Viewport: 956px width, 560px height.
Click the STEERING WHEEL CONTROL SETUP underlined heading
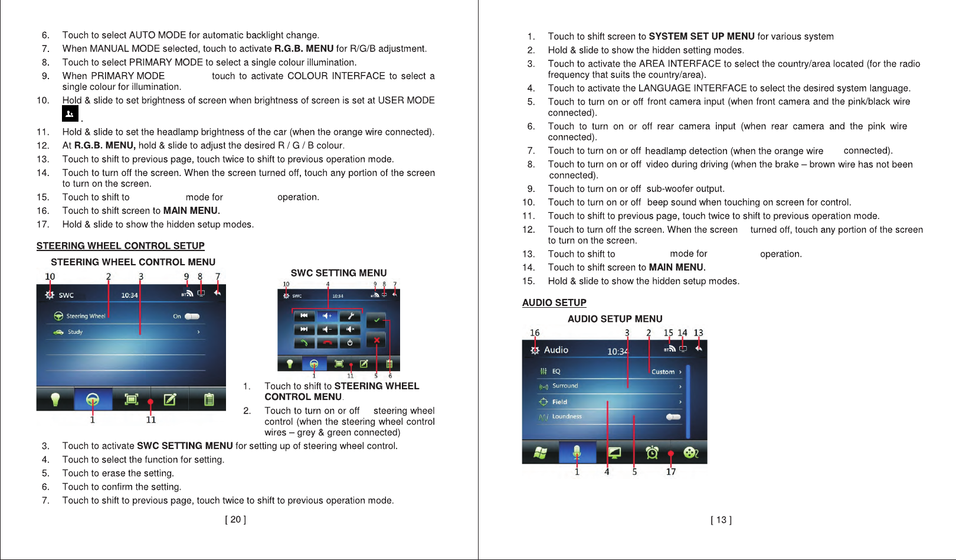tap(120, 246)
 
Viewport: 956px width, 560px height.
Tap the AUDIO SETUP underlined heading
tap(554, 302)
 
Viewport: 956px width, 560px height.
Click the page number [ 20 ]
tap(235, 519)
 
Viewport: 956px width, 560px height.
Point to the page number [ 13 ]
tap(721, 520)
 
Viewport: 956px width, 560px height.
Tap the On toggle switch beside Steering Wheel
tap(192, 316)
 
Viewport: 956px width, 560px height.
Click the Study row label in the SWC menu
tap(75, 332)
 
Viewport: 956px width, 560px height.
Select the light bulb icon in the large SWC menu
tap(55, 400)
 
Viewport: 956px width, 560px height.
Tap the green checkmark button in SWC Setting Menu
tap(376, 320)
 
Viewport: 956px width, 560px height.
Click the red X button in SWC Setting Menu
tap(376, 340)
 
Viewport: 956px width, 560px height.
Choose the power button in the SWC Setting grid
tap(350, 343)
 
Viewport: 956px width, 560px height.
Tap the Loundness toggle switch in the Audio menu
tap(673, 416)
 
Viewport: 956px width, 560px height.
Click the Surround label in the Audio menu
tap(565, 386)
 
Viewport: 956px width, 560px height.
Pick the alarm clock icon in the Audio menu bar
tap(652, 453)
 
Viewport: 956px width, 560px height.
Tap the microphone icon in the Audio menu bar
tap(577, 452)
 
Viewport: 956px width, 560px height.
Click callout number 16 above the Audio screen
tap(535, 333)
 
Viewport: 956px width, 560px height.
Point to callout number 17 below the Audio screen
tap(671, 471)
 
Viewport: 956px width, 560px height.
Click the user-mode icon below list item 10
tap(70, 114)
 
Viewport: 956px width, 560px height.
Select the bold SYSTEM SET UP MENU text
tap(702, 37)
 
